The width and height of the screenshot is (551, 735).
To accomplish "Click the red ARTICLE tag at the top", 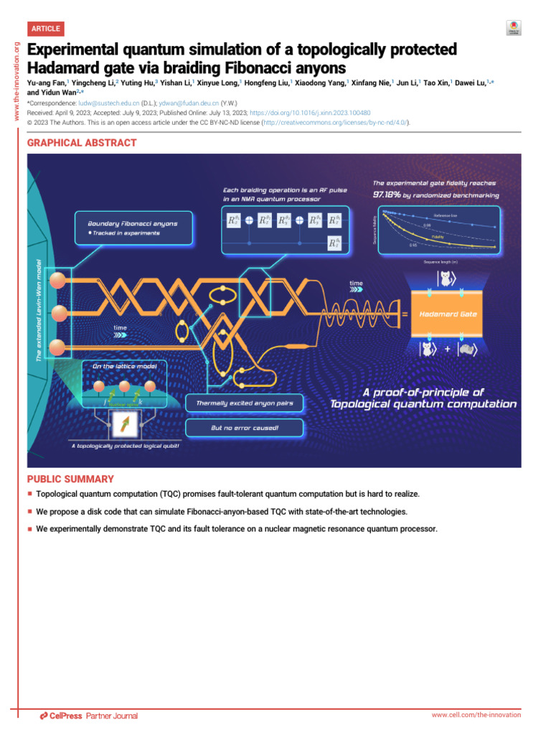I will pos(46,29).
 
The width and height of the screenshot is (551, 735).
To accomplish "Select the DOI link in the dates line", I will pos(310,113).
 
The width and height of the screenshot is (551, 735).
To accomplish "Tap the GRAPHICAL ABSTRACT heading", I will pos(82,143).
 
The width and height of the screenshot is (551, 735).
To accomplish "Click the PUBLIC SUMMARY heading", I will pos(70,479).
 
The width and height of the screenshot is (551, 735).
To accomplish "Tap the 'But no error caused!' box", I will pos(244,428).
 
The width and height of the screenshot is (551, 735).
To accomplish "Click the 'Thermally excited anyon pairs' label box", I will pos(244,403).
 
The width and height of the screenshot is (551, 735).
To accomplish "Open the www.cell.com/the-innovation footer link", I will pos(476,715).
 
